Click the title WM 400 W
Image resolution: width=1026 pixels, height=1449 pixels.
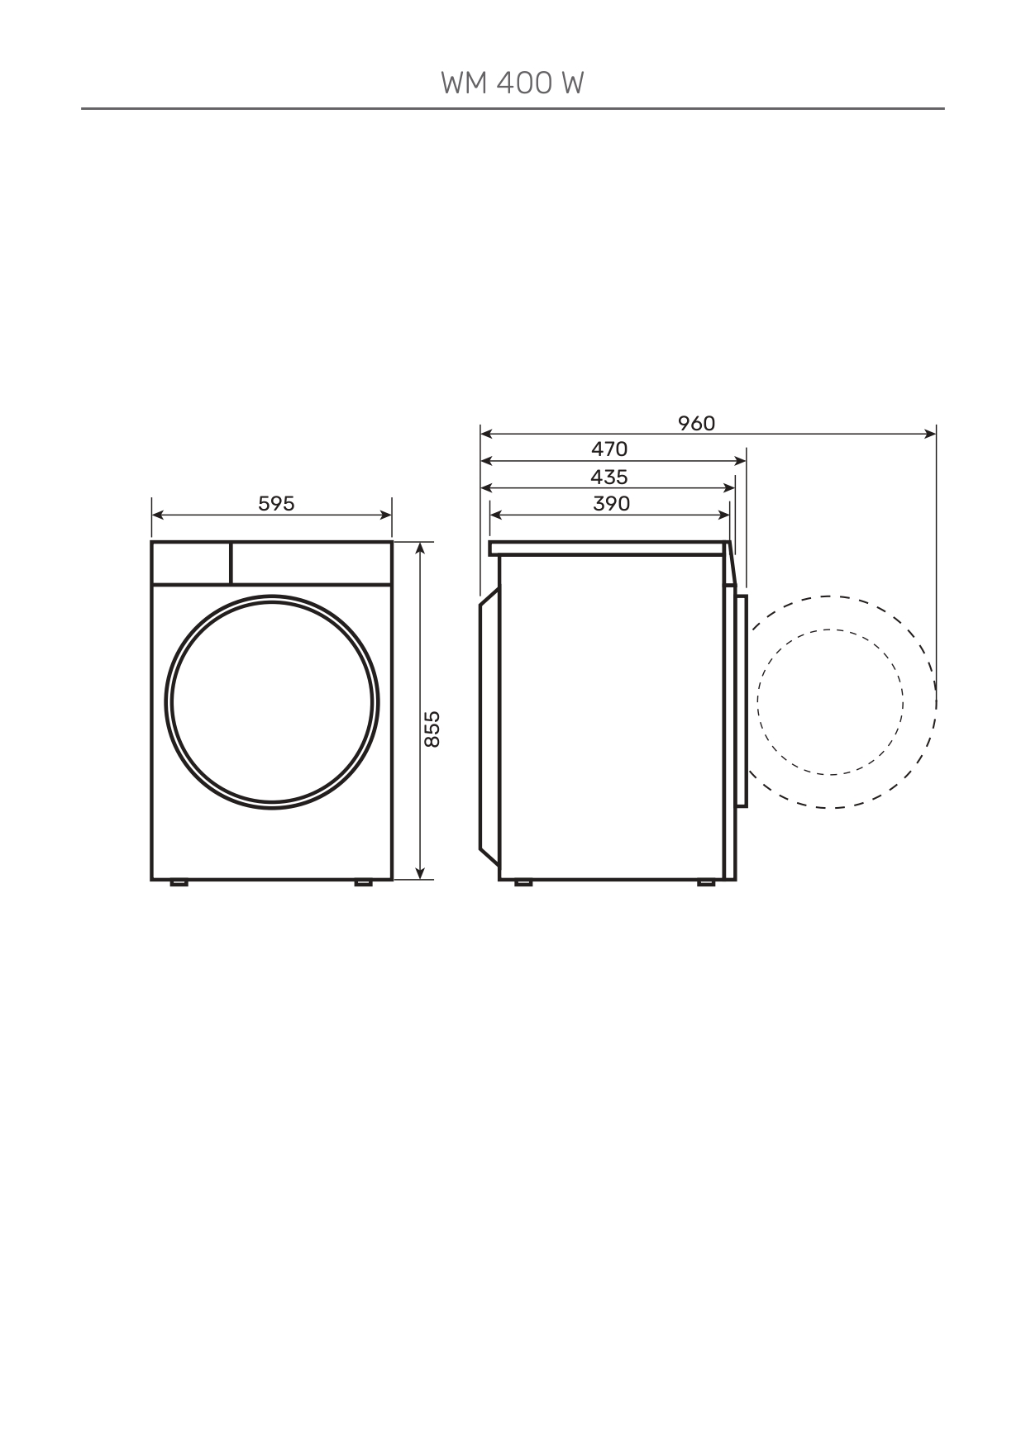coord(513,83)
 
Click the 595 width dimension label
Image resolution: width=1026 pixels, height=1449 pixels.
coord(276,503)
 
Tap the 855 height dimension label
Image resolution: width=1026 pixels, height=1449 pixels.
coord(432,729)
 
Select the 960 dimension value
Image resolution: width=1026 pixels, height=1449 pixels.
coord(696,423)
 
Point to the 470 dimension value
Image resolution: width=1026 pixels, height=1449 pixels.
coord(609,449)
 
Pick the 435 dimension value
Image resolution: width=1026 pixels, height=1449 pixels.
coord(609,477)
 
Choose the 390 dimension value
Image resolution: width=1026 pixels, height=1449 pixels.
coord(611,503)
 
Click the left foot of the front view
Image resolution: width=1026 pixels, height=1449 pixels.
coord(179,883)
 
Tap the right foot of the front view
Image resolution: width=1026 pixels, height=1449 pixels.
coord(363,883)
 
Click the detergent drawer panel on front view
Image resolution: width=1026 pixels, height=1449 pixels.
coord(191,563)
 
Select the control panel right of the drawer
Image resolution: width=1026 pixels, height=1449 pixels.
coord(311,563)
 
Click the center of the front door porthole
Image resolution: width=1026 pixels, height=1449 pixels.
coord(273,702)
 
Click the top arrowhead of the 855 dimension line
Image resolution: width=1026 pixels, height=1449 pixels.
coord(421,548)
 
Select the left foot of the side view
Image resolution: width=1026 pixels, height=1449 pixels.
coord(523,883)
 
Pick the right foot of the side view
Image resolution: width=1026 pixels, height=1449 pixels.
coord(705,883)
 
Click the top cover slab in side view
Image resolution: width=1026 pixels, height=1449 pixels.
coord(608,548)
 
